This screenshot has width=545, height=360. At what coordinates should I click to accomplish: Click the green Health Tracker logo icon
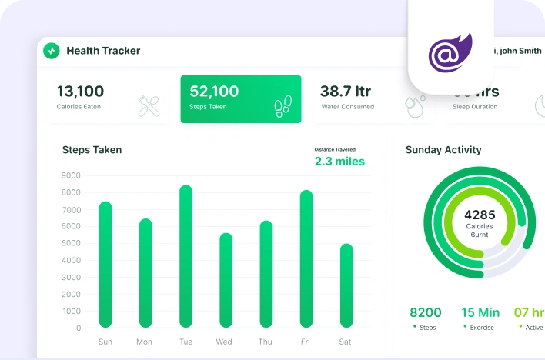52,51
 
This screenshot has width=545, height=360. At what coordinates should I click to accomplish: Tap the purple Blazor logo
450,53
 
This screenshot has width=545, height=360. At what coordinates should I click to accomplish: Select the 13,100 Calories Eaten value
80,92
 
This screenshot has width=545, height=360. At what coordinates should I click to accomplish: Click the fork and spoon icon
149,106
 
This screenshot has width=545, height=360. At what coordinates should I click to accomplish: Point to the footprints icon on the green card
283,107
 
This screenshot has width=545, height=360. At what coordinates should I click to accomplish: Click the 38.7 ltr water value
346,92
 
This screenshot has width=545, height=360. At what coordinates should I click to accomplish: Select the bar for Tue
186,256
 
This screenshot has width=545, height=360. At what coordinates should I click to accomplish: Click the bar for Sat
346,285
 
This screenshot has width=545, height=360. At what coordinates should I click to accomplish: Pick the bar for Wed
226,280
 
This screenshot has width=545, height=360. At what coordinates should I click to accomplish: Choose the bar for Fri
306,258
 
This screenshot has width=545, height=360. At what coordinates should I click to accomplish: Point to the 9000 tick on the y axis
72,175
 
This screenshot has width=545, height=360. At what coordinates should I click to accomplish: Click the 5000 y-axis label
72,243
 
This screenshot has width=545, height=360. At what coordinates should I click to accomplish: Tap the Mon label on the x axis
144,342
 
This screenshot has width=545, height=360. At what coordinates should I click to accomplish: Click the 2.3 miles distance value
339,162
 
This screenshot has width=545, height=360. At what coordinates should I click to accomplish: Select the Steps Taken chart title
92,150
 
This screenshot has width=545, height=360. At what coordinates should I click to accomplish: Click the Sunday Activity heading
443,150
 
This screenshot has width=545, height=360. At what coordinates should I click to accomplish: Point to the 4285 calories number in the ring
480,215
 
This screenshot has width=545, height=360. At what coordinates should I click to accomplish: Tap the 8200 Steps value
425,312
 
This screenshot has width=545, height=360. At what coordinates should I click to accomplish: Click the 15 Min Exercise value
480,312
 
